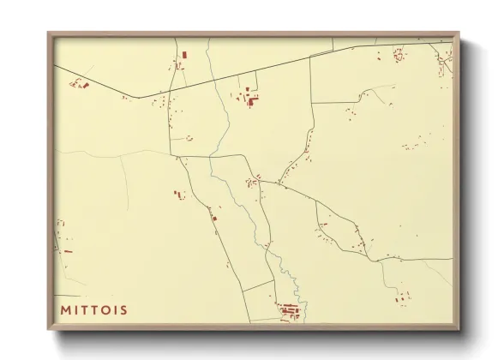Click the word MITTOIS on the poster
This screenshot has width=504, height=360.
coord(94,309)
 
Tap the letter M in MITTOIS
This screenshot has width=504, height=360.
coord(65,309)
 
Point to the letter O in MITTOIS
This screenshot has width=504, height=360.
coord(111,309)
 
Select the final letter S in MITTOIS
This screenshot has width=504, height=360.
coord(125,309)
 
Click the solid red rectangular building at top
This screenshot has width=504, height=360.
coord(183,55)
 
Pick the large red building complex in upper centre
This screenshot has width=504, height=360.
coord(251,99)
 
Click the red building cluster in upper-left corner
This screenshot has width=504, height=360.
coord(80,84)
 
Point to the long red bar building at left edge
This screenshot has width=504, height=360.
coord(68,251)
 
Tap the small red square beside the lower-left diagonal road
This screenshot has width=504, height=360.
coord(214,218)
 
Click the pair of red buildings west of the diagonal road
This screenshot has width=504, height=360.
coord(179,195)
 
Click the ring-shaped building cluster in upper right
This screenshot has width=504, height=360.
coord(399,55)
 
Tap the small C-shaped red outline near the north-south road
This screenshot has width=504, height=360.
coord(189,138)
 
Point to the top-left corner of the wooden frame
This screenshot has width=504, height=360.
coord(48,33)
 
